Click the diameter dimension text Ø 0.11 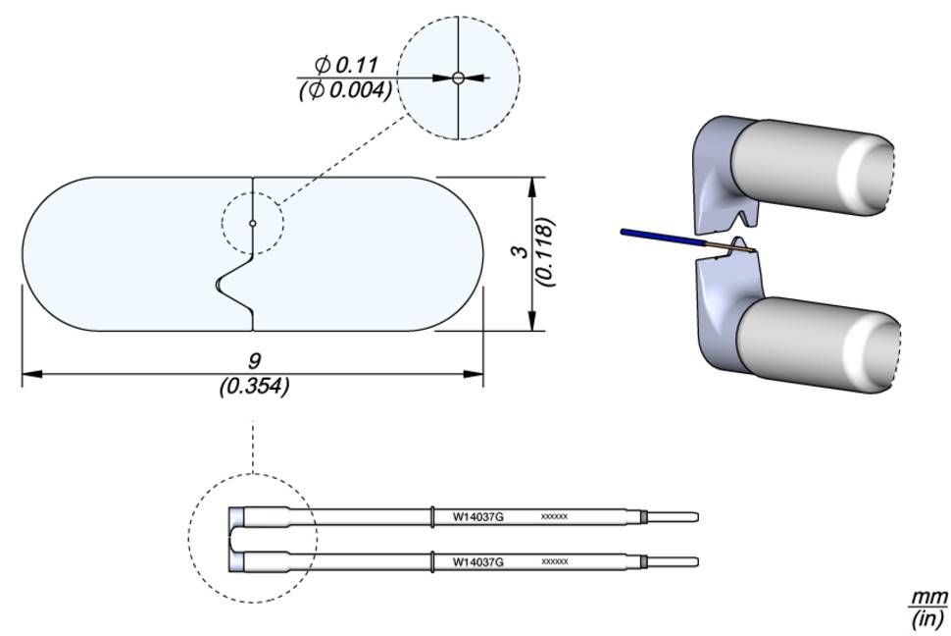point(347,66)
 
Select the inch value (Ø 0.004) point(345,89)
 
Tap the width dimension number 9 point(254,361)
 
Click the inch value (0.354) point(254,387)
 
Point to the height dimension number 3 point(523,251)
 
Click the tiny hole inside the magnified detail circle point(458,78)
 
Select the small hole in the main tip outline point(253,224)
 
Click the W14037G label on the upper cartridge point(476,516)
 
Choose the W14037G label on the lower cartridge point(476,562)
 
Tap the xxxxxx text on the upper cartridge point(554,516)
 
